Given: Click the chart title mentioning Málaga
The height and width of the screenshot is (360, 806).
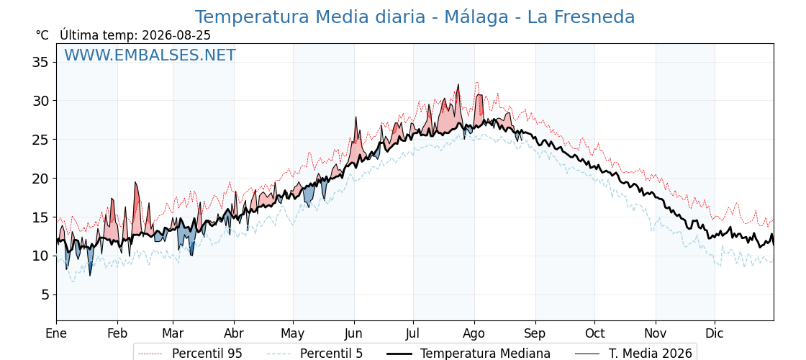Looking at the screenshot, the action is pos(415,17).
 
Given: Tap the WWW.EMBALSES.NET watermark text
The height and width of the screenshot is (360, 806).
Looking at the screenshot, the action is pos(150,55).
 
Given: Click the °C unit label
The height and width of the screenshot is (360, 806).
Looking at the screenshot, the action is pos(42,35).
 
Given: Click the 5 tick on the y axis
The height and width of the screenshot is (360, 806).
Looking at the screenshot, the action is pos(44,294).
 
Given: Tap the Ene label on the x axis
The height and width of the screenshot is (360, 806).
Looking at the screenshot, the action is pos(56,333).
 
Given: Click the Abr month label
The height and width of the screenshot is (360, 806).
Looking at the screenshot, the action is pos(234,333).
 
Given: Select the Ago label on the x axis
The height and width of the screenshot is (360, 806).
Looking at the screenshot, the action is pos(474,333).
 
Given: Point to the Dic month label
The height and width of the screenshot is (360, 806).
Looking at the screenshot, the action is pos(715,333).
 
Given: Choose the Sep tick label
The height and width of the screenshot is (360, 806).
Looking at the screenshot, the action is pos(535,333).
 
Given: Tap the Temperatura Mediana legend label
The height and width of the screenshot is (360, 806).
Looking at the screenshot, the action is pos(485,354).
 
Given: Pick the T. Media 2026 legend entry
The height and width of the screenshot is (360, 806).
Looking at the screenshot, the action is pos(651,354).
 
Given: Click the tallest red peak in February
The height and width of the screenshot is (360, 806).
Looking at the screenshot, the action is pos(136,182).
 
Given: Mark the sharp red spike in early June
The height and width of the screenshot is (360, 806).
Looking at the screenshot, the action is pos(356,117).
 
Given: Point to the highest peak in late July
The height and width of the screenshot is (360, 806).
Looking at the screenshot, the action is pos(458,84).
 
